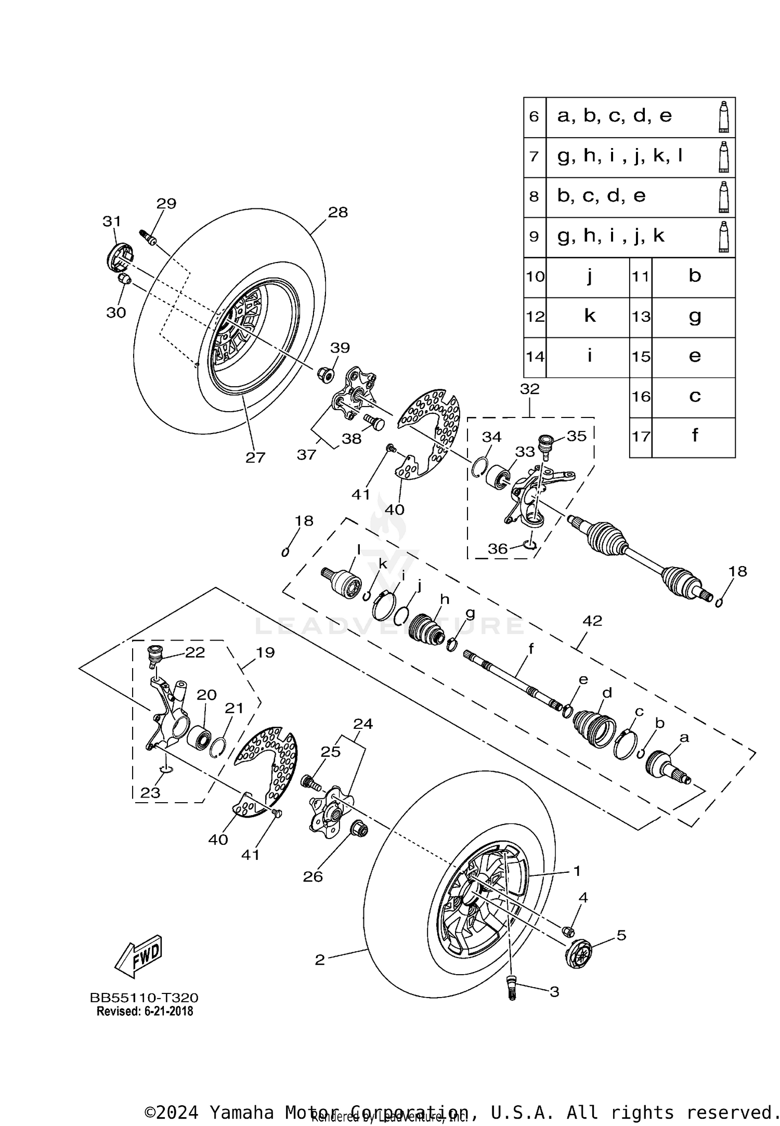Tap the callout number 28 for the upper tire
point(337,213)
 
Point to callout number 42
point(592,621)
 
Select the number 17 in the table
point(641,437)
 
